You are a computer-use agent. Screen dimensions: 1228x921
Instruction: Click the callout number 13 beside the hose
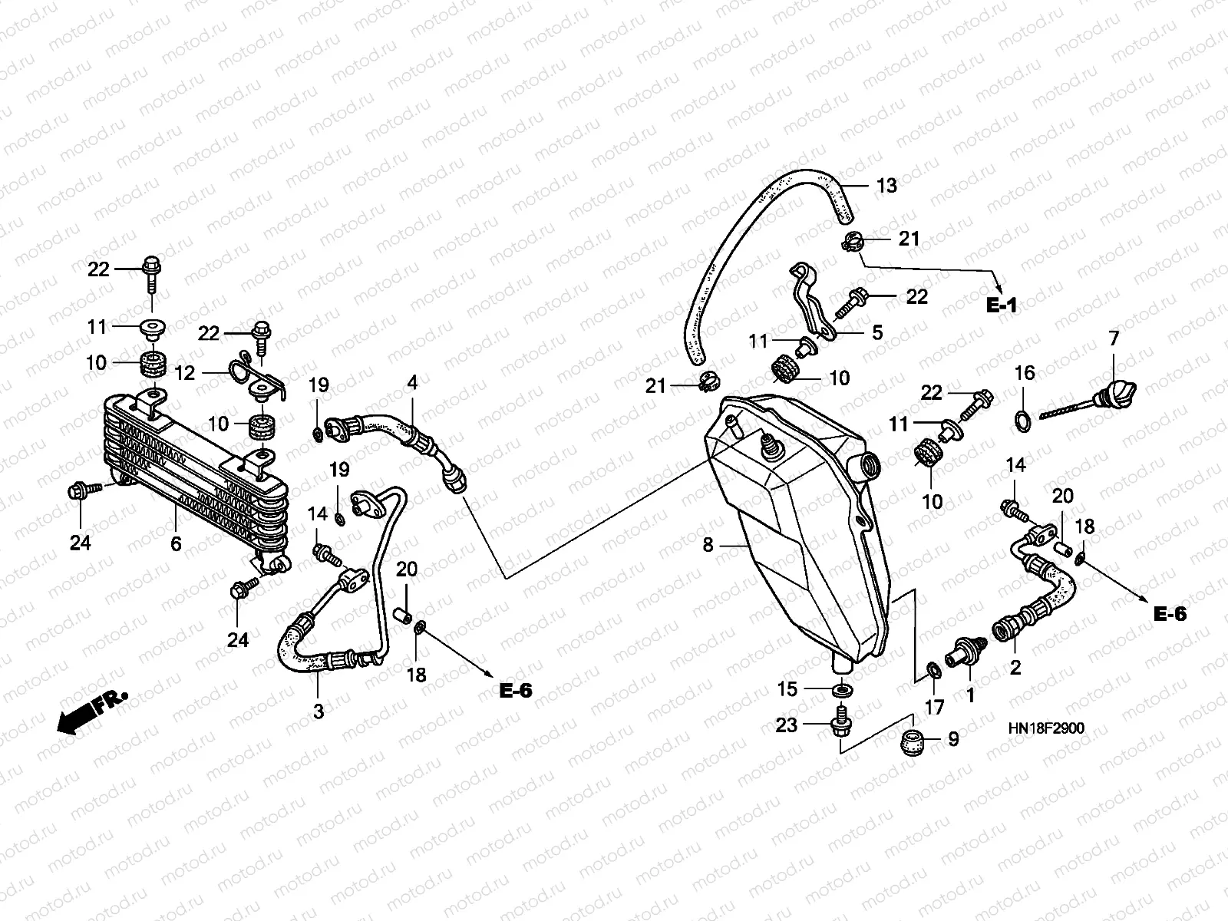click(x=886, y=186)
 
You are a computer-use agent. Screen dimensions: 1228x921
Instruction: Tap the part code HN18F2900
click(x=1046, y=728)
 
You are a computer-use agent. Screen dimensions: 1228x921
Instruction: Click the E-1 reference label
click(x=1002, y=305)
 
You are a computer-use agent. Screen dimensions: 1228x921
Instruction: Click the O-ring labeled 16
click(x=1022, y=421)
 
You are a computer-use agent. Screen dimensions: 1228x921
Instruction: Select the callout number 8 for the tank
click(x=708, y=545)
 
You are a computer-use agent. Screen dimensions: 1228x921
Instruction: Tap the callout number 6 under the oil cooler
click(x=177, y=543)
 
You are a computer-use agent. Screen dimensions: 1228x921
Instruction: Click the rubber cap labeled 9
click(x=913, y=741)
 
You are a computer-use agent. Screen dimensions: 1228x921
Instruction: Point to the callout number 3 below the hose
click(x=319, y=711)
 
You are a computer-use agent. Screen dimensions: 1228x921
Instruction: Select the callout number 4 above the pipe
click(x=412, y=382)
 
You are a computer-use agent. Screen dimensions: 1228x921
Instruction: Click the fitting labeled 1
click(x=966, y=652)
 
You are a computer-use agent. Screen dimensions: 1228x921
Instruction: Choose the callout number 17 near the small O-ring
click(x=934, y=708)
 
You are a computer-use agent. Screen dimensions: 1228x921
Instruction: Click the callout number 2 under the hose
click(x=1015, y=667)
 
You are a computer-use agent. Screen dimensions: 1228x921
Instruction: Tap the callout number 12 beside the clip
click(x=185, y=373)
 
